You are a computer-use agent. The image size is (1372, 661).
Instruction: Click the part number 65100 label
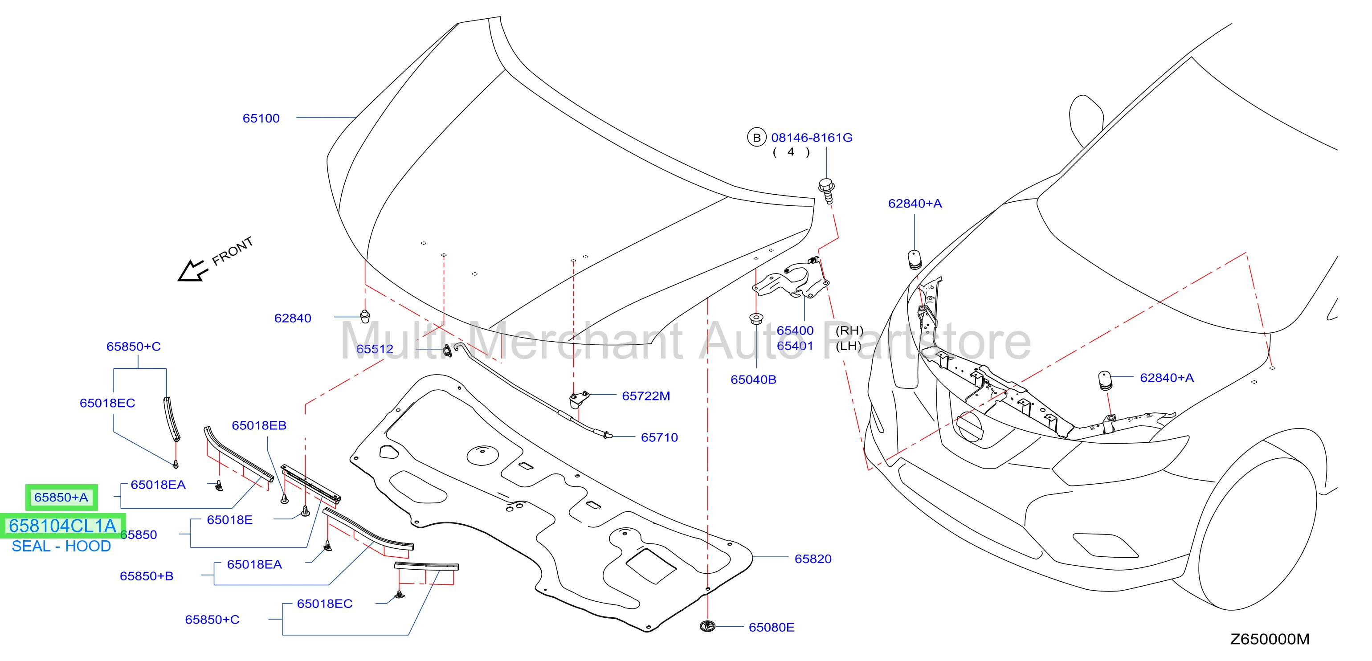[x=261, y=118]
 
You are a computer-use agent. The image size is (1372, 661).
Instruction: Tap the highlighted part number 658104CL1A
[x=62, y=526]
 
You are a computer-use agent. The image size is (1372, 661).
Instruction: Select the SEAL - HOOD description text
[x=61, y=547]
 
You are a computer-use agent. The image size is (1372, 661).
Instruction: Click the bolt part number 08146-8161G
[x=812, y=138]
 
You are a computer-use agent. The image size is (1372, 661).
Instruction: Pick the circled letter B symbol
[x=756, y=138]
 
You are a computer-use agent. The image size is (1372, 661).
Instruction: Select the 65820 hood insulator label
[x=813, y=559]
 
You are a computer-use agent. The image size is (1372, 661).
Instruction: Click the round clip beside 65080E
[x=707, y=626]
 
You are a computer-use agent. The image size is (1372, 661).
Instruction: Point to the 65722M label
[x=645, y=396]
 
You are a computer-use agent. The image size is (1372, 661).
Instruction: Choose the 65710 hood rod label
[x=659, y=437]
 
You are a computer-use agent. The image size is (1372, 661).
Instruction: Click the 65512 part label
[x=375, y=349]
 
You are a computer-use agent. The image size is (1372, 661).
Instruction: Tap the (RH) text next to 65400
[x=849, y=330]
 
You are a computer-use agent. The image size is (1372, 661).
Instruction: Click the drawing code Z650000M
[x=1270, y=639]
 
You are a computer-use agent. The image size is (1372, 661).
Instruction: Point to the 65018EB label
[x=259, y=425]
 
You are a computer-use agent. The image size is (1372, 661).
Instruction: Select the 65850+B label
[x=147, y=576]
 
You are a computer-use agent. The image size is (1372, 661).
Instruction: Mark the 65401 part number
[x=795, y=346]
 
